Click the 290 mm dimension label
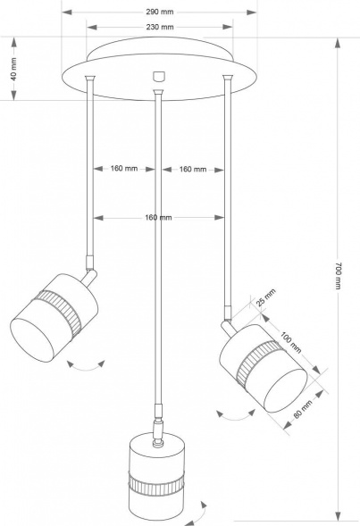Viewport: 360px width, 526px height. click(160, 13)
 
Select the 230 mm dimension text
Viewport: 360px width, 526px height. click(160, 28)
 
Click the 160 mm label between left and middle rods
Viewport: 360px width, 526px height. click(124, 169)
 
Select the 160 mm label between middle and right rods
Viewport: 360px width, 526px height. click(191, 169)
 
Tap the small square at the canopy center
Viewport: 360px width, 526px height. click(159, 76)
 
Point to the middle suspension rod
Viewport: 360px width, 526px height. click(159, 250)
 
